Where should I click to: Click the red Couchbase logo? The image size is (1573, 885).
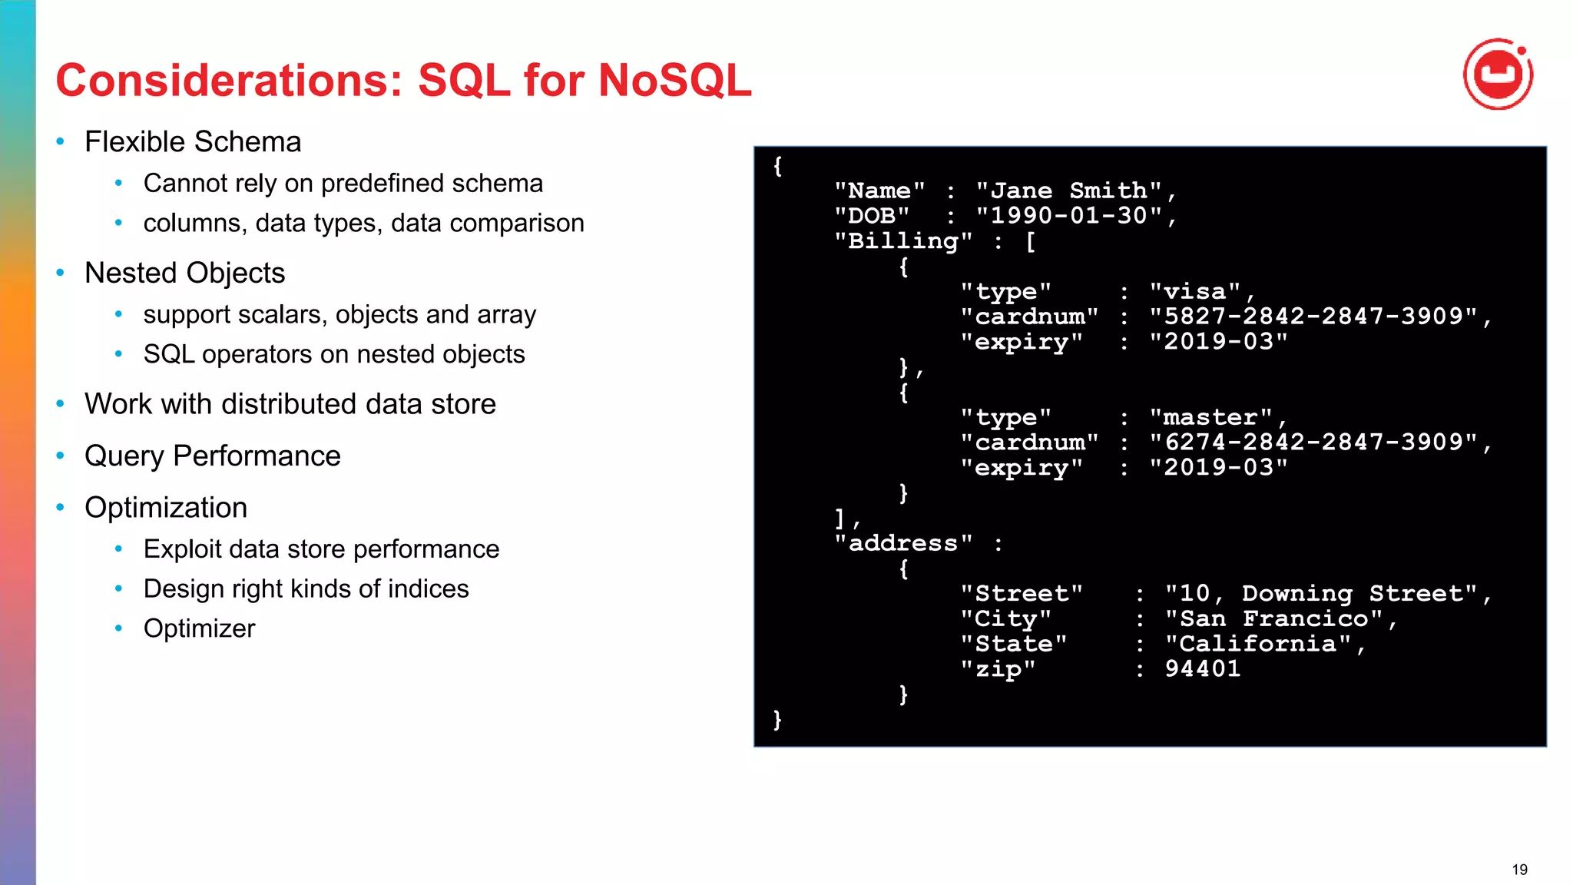click(x=1498, y=75)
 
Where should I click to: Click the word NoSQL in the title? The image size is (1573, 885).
click(x=674, y=80)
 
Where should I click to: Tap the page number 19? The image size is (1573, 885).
click(x=1519, y=870)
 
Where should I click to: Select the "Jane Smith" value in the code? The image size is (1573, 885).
click(x=1069, y=191)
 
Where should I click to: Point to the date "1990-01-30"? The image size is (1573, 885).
click(x=1069, y=216)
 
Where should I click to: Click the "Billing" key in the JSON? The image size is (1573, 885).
click(x=903, y=241)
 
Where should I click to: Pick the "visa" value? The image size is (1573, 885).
click(x=1194, y=292)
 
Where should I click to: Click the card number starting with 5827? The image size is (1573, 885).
click(x=1313, y=317)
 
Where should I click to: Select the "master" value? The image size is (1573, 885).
click(x=1210, y=418)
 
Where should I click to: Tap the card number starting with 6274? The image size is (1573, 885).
click(x=1313, y=442)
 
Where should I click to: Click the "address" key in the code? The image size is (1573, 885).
click(x=903, y=544)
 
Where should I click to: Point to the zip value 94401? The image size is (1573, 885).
click(x=1203, y=669)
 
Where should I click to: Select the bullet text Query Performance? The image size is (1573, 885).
click(x=213, y=456)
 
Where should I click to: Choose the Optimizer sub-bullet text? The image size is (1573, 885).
click(x=199, y=628)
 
